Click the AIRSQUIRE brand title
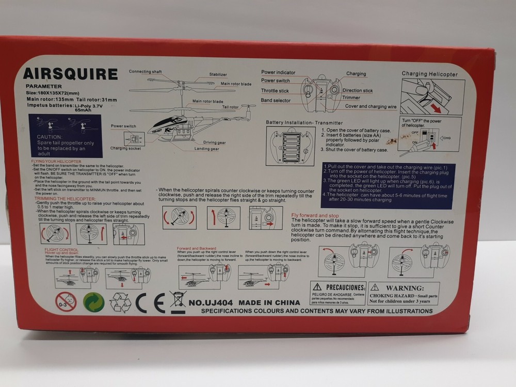tap(70, 74)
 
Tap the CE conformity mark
tap(150, 303)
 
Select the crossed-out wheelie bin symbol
tap(178, 302)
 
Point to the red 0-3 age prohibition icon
tap(66, 302)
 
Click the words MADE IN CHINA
tap(270, 302)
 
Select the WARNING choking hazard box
tap(404, 293)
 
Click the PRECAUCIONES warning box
tap(338, 293)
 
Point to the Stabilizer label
tap(218, 75)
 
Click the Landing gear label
tap(206, 149)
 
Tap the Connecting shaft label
tap(146, 71)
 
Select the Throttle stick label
tap(275, 91)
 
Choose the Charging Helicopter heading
tap(429, 74)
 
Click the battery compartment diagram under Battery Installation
tap(290, 146)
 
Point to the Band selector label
tap(276, 100)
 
